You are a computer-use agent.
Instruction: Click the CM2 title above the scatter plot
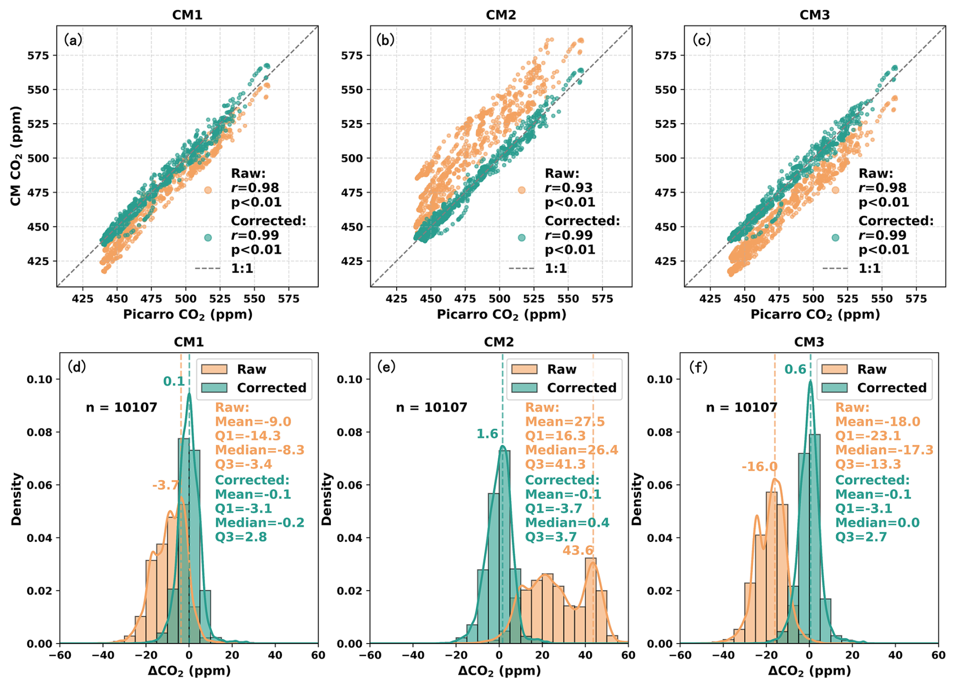point(501,15)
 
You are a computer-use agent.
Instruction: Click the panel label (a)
point(73,39)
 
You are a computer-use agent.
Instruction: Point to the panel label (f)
point(698,367)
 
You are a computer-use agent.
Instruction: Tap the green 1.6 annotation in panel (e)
point(487,434)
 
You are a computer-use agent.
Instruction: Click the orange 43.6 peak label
point(578,550)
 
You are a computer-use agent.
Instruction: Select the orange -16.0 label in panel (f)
point(759,467)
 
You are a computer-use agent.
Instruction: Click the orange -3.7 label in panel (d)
point(166,485)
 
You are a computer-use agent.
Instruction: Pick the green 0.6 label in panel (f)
point(795,370)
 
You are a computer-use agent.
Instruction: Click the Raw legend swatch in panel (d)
point(214,369)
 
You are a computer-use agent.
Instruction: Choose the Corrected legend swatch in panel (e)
point(524,388)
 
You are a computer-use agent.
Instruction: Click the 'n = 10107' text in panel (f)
point(741,408)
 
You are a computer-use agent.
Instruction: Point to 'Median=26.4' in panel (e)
point(571,450)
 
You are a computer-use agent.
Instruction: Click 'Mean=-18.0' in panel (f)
point(877,422)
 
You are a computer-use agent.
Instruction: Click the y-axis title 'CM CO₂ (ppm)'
point(16,156)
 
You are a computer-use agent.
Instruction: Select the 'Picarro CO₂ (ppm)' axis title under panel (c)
point(815,315)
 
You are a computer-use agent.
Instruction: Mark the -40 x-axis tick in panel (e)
point(413,655)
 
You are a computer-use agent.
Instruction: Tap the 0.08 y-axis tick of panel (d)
point(39,432)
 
